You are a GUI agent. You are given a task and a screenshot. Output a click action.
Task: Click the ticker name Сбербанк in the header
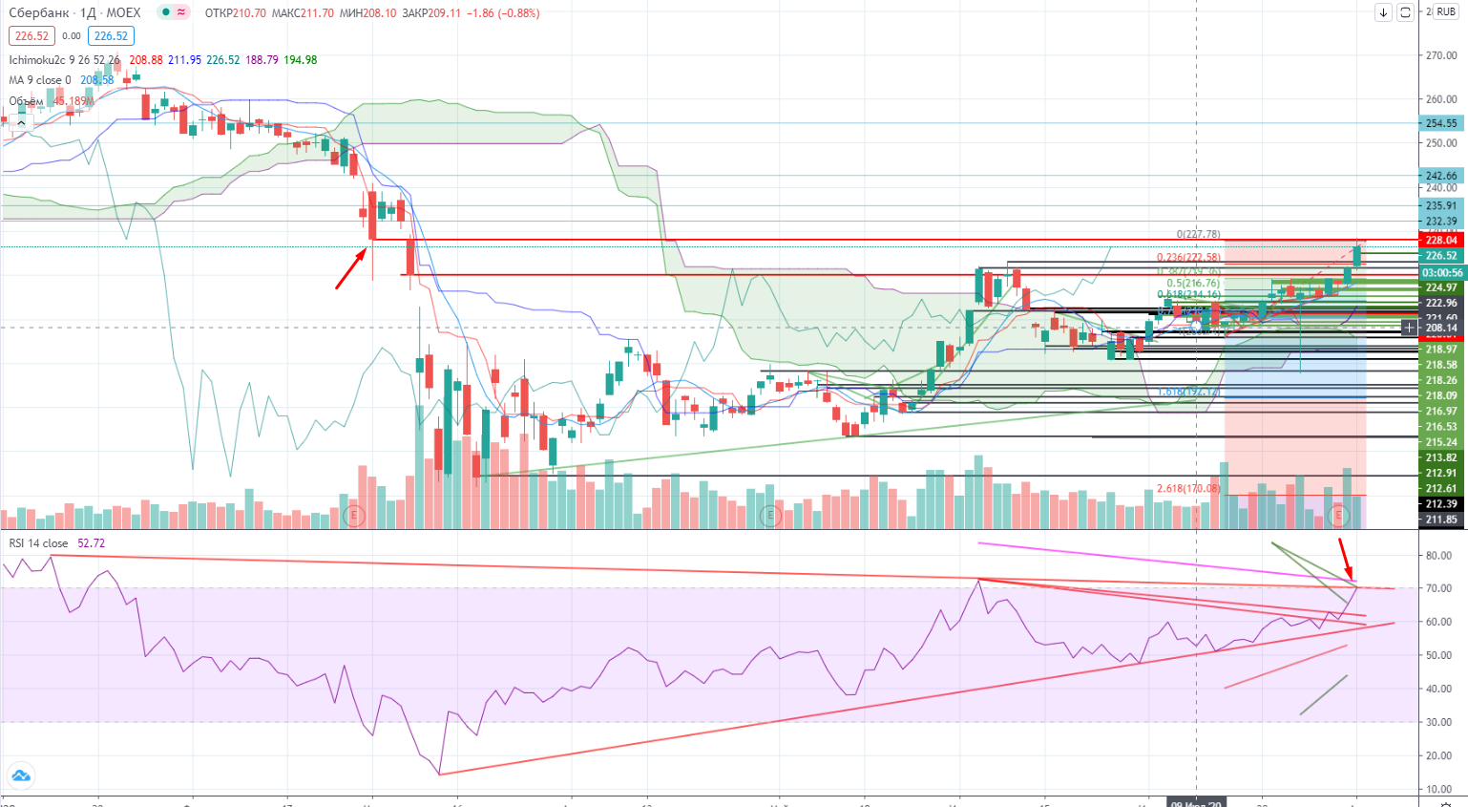pos(39,13)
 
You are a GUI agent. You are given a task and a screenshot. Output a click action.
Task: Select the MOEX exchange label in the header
pos(123,13)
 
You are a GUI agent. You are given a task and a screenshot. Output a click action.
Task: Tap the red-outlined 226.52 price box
pos(31,36)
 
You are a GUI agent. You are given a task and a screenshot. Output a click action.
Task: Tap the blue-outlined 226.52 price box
pos(111,36)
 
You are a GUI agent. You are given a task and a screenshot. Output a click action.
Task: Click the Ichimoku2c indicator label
pos(37,60)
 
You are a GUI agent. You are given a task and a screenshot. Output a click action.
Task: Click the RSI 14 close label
pos(39,543)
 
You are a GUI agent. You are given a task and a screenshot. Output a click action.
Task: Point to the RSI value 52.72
pos(92,543)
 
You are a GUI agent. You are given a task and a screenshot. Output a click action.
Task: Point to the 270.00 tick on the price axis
pos(1440,55)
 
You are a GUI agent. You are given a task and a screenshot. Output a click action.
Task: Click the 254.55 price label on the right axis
pos(1441,123)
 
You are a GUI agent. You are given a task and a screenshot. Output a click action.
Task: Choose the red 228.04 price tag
pos(1441,241)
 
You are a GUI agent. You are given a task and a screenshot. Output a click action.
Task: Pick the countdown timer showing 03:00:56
pos(1442,272)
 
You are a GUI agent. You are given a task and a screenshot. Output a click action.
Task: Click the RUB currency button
pos(1445,12)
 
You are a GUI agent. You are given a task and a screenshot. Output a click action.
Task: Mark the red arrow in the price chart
pos(350,268)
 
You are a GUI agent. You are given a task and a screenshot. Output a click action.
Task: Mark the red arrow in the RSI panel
pos(1345,560)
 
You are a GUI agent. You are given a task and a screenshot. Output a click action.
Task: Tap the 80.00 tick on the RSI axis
pos(1439,555)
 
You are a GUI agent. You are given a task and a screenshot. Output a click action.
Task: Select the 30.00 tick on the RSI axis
pos(1439,722)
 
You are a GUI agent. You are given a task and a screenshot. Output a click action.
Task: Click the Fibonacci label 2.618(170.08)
pos(1187,489)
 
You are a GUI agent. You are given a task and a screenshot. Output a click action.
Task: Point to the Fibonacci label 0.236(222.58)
pos(1188,258)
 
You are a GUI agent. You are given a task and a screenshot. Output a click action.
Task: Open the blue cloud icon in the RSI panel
pos(20,775)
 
